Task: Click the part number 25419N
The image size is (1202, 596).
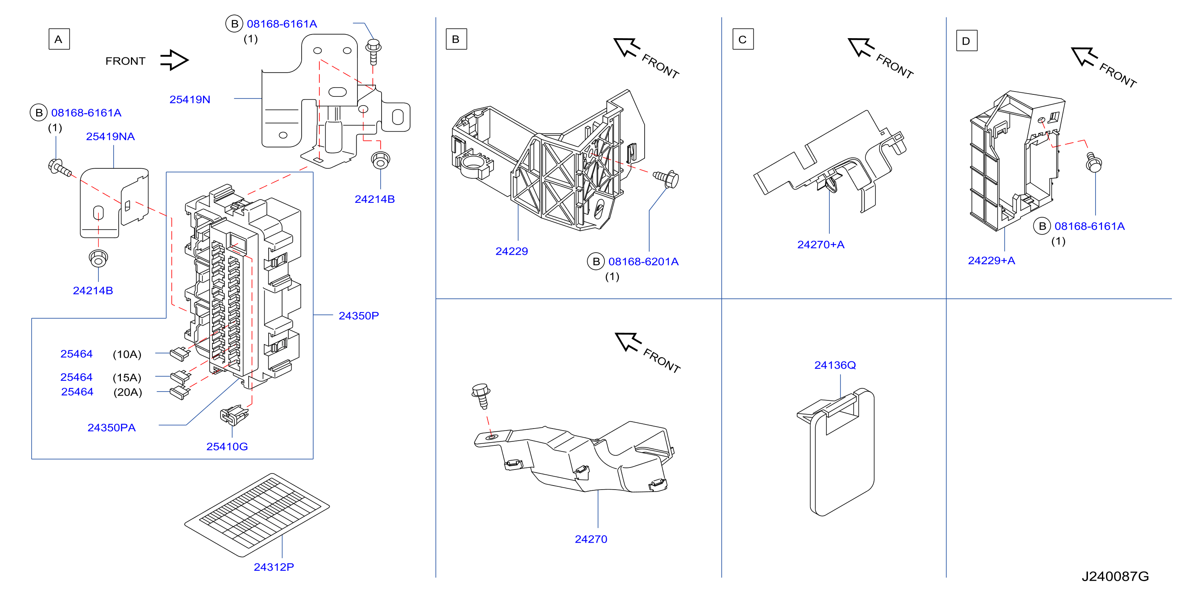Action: point(190,100)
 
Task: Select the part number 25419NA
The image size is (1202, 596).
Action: point(110,136)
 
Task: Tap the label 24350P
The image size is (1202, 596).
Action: point(358,316)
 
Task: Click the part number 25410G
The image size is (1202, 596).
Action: point(227,446)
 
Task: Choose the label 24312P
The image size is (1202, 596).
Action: point(273,567)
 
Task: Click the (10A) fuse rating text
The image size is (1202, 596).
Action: point(127,354)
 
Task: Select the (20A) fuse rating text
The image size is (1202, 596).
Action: point(127,392)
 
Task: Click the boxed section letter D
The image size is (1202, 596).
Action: point(966,41)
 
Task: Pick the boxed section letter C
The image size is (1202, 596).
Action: point(743,39)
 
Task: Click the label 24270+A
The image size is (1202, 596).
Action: point(821,245)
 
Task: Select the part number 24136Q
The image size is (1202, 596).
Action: point(835,365)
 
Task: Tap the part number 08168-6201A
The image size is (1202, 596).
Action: point(643,261)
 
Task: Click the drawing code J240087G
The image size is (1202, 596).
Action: point(1115,576)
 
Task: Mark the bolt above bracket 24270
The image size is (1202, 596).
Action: point(482,396)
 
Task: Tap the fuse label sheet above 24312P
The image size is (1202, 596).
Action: point(257,515)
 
